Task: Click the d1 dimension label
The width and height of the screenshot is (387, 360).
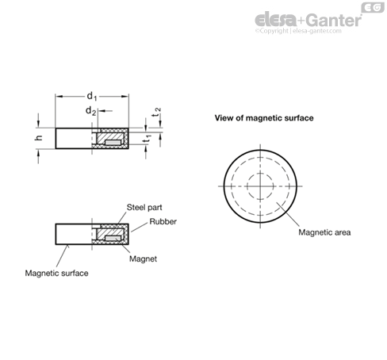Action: (x=92, y=96)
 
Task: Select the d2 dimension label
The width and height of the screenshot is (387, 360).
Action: (x=90, y=111)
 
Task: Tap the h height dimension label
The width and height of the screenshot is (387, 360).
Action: (x=39, y=137)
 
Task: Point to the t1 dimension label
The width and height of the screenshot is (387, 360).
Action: (x=148, y=139)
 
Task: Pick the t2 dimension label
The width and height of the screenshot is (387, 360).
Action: (x=156, y=112)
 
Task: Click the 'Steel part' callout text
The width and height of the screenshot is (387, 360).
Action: (x=144, y=208)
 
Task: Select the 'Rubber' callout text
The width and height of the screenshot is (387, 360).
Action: (x=163, y=221)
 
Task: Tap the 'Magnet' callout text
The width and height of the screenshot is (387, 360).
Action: (x=143, y=259)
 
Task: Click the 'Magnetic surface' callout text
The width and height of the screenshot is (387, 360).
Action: (x=56, y=273)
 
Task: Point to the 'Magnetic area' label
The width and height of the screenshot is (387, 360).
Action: (x=324, y=232)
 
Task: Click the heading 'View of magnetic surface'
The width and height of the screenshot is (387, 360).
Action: (x=264, y=118)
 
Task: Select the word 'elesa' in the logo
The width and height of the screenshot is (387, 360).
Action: (x=276, y=20)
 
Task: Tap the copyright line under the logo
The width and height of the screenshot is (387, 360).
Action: (x=298, y=31)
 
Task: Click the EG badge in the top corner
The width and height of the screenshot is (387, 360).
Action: (x=373, y=8)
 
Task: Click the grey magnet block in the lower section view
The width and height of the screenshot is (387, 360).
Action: (x=113, y=238)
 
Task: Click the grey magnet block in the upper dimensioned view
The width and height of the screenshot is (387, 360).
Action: (x=113, y=143)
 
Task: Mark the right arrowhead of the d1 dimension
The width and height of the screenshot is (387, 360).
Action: (x=125, y=97)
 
